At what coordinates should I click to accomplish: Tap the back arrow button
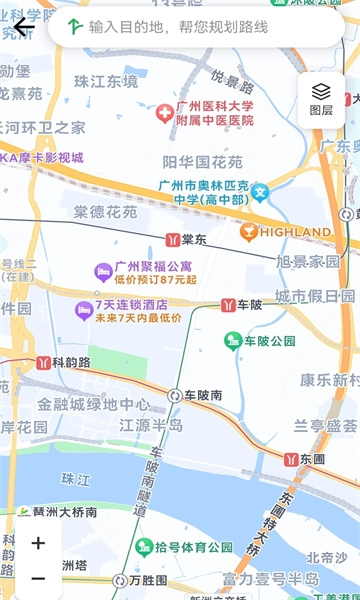coord(22,27)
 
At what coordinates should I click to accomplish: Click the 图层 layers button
coord(321,99)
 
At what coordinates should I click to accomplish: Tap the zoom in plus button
coord(38,544)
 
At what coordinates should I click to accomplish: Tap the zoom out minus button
coord(38,578)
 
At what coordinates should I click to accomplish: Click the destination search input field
coord(200,27)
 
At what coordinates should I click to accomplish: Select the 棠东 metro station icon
coord(172,239)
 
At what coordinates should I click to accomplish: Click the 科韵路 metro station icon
coord(43,362)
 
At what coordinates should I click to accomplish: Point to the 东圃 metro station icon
coord(291,459)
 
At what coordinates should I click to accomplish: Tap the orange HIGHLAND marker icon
coord(249,232)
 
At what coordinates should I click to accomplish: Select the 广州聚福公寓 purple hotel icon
coord(102,271)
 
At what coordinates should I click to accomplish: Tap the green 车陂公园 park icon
coord(233,341)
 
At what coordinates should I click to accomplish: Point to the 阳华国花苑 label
coord(202,160)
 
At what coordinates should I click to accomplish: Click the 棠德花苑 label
coord(105,212)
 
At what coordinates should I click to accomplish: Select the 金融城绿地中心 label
coord(94,405)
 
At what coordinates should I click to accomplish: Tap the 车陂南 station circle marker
coord(174,395)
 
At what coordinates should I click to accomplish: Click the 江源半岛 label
coord(151,425)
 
